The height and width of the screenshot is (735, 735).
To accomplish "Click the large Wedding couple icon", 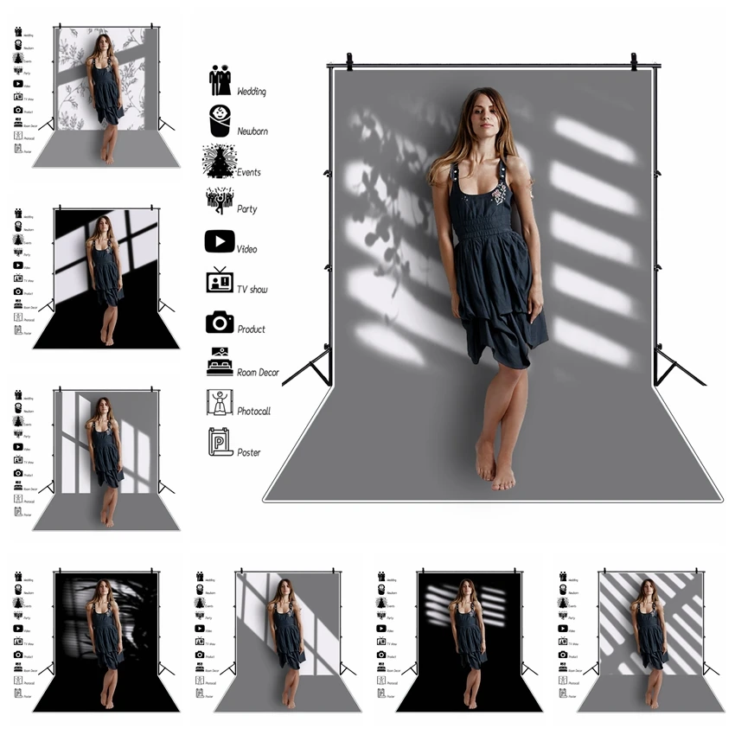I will pyautogui.click(x=220, y=81).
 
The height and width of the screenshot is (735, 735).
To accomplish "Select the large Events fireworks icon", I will pyautogui.click(x=220, y=162).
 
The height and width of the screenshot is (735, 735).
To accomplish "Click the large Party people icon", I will pyautogui.click(x=220, y=201).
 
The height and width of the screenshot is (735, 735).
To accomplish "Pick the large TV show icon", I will pyautogui.click(x=220, y=280).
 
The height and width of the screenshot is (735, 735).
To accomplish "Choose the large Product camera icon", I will pyautogui.click(x=220, y=322).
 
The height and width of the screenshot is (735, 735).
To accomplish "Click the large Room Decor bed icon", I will pyautogui.click(x=220, y=361).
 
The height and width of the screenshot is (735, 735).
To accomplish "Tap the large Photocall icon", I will pyautogui.click(x=220, y=402).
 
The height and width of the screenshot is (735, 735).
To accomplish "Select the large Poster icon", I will pyautogui.click(x=220, y=442).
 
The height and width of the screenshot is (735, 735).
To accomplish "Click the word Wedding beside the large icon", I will pyautogui.click(x=252, y=92).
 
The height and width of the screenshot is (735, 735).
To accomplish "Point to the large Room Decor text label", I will pyautogui.click(x=258, y=372).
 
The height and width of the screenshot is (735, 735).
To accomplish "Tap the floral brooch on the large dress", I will pyautogui.click(x=501, y=195).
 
